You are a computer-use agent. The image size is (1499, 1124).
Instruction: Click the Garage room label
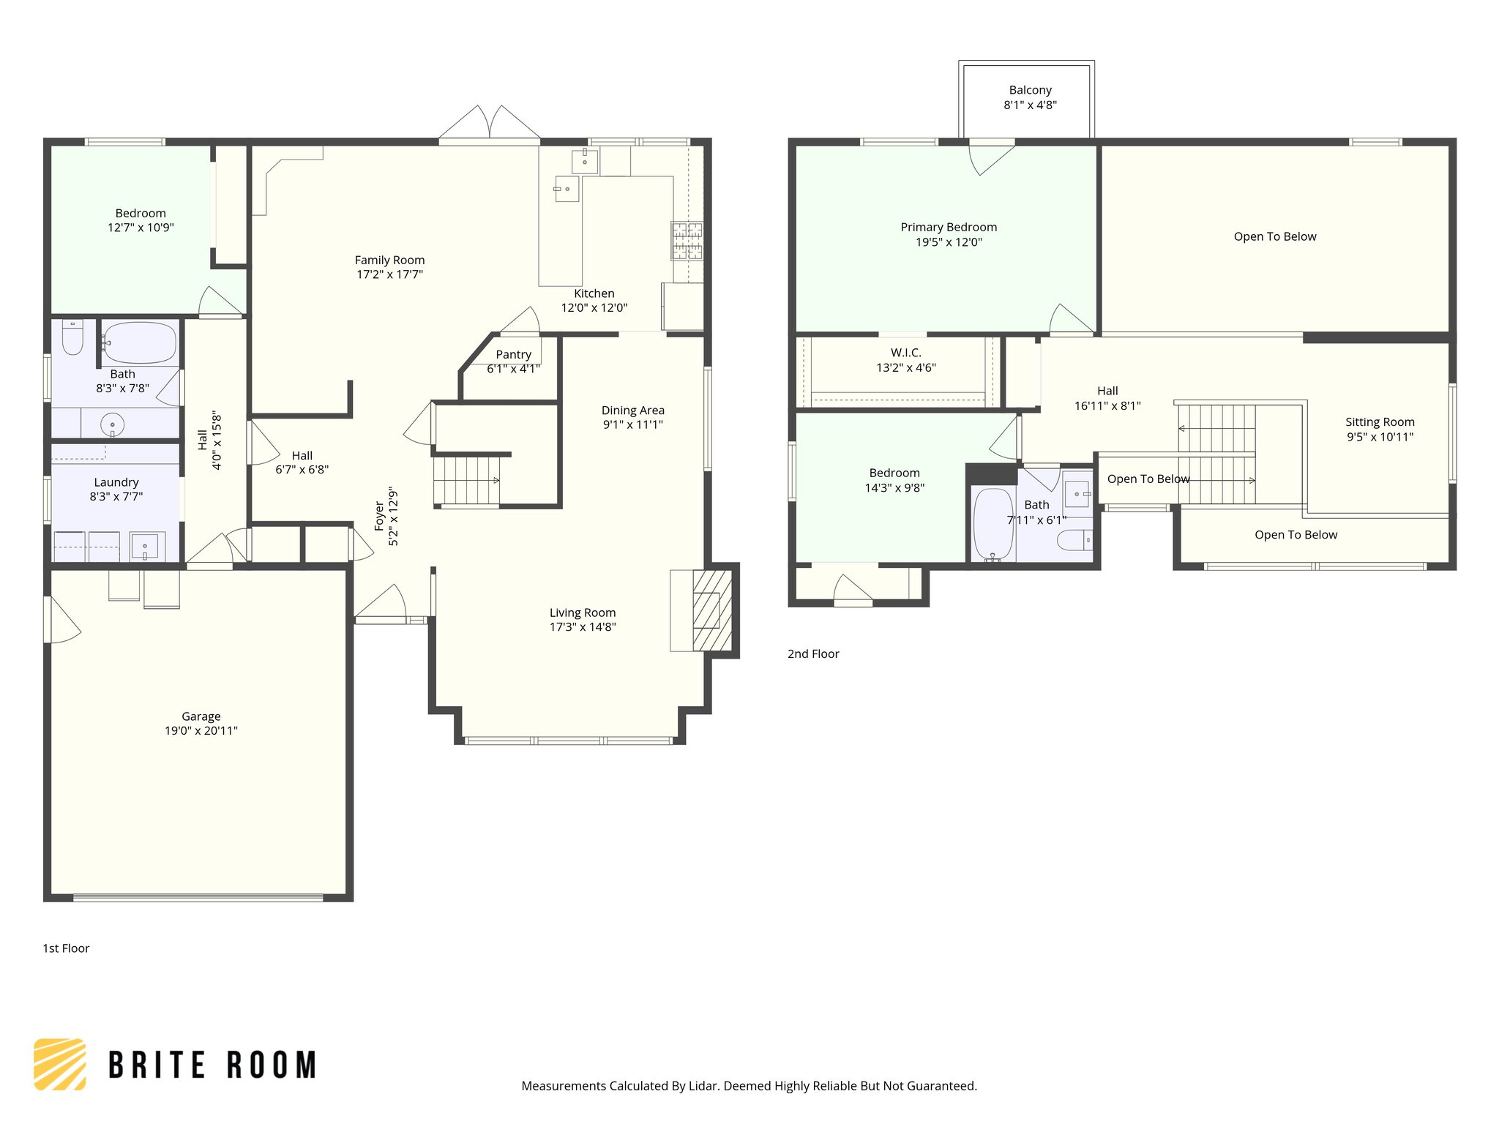(x=201, y=716)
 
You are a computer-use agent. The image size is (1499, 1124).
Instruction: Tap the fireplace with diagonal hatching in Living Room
(x=711, y=610)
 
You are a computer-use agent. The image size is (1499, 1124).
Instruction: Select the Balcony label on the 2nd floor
(x=1030, y=90)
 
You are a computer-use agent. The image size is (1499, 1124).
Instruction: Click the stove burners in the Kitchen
(x=687, y=241)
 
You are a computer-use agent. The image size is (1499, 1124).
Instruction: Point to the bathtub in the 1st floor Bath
(x=140, y=342)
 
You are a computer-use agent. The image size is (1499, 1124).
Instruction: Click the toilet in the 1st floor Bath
(x=72, y=337)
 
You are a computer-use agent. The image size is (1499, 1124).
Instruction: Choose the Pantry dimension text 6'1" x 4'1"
(x=513, y=369)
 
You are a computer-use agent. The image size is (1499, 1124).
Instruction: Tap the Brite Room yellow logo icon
(x=60, y=1064)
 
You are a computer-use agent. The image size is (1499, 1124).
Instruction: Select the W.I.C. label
(x=906, y=353)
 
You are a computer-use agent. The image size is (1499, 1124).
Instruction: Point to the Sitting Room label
(x=1380, y=422)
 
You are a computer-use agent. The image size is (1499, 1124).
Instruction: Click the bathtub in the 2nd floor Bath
(x=993, y=524)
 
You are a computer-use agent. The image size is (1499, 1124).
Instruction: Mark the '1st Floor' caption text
(x=66, y=948)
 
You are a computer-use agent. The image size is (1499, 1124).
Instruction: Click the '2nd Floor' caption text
(x=813, y=654)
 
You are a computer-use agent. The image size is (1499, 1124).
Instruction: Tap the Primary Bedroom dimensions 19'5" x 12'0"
(x=949, y=242)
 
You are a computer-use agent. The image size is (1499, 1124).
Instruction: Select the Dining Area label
(x=633, y=411)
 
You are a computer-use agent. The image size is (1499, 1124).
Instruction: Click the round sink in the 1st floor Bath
(x=112, y=424)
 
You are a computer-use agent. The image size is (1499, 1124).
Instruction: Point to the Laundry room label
(x=116, y=482)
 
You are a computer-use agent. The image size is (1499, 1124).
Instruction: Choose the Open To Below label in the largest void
(x=1274, y=236)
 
